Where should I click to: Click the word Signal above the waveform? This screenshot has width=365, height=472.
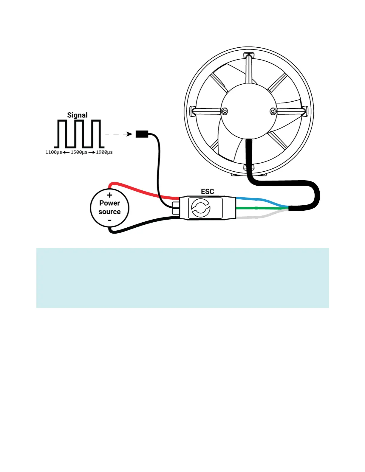77,115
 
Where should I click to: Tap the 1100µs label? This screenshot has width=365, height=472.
54,152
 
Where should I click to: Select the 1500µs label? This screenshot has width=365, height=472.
79,152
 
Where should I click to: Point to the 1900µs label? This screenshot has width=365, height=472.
104,152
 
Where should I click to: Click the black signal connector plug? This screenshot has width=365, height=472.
142,134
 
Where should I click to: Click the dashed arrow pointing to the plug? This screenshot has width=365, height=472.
119,134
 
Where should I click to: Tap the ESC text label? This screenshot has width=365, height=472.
208,192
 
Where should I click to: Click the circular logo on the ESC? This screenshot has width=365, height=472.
201,208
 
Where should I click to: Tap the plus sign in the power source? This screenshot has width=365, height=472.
110,195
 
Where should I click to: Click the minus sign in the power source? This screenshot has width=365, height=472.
110,221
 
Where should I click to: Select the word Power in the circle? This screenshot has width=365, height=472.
109,203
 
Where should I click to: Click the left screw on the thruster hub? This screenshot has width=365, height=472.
225,111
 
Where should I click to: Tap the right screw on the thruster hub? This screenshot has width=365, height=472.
273,111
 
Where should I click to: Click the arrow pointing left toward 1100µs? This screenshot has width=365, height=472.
66,152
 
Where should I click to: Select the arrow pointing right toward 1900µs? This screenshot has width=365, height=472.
92,152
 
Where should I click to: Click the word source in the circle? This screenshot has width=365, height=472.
109,212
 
